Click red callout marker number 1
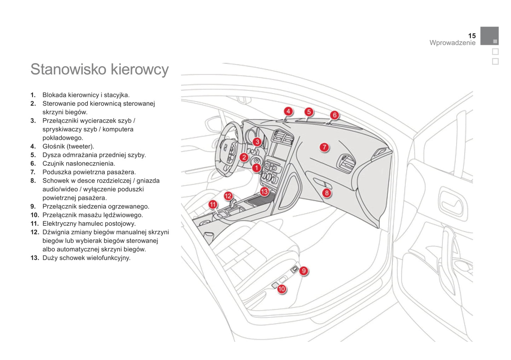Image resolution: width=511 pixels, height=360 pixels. pos(256,168)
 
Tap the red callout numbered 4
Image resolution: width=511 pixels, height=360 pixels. pos(288,111)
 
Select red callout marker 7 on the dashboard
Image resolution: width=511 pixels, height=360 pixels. pos(324,147)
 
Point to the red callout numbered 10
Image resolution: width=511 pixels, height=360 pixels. pos(281,289)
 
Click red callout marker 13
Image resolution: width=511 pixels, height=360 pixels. pos(264,191)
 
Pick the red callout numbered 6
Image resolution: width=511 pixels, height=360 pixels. pos(335,115)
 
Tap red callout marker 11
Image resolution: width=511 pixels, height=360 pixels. pos(213,204)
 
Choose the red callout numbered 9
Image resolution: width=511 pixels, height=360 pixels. pos(304,271)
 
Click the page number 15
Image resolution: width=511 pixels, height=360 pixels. pos(472,36)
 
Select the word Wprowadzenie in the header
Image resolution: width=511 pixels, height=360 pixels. pos(452,43)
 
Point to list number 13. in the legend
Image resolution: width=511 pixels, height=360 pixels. pos(35,258)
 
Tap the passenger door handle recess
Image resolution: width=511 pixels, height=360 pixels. pos(451,203)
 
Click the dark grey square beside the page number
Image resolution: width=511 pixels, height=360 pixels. pos(489,36)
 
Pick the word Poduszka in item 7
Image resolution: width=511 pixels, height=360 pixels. pos(56,172)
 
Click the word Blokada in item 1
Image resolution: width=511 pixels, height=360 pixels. pos(54,95)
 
